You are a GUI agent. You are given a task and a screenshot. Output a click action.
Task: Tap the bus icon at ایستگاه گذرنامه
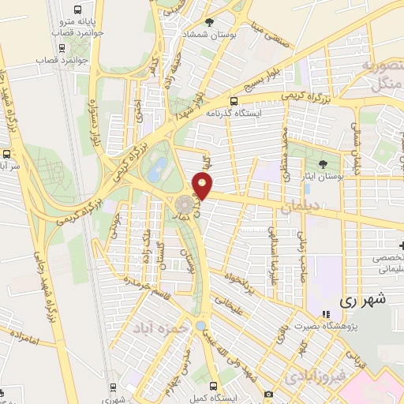point(234,100)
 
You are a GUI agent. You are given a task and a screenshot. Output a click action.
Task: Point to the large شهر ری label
point(365,300)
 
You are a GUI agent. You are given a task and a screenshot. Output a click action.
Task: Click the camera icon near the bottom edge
point(268,393)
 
